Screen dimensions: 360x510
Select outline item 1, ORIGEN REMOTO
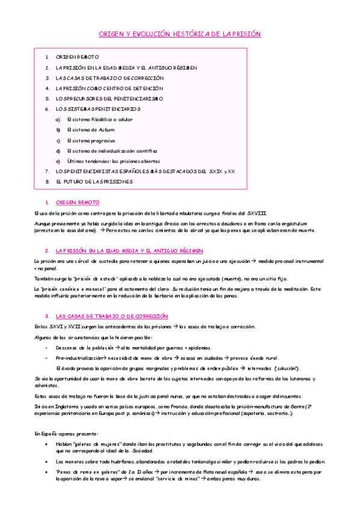77,57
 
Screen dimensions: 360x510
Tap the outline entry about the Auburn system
91,129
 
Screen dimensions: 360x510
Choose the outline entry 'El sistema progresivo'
91,140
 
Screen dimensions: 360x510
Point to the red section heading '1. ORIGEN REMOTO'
77,203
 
